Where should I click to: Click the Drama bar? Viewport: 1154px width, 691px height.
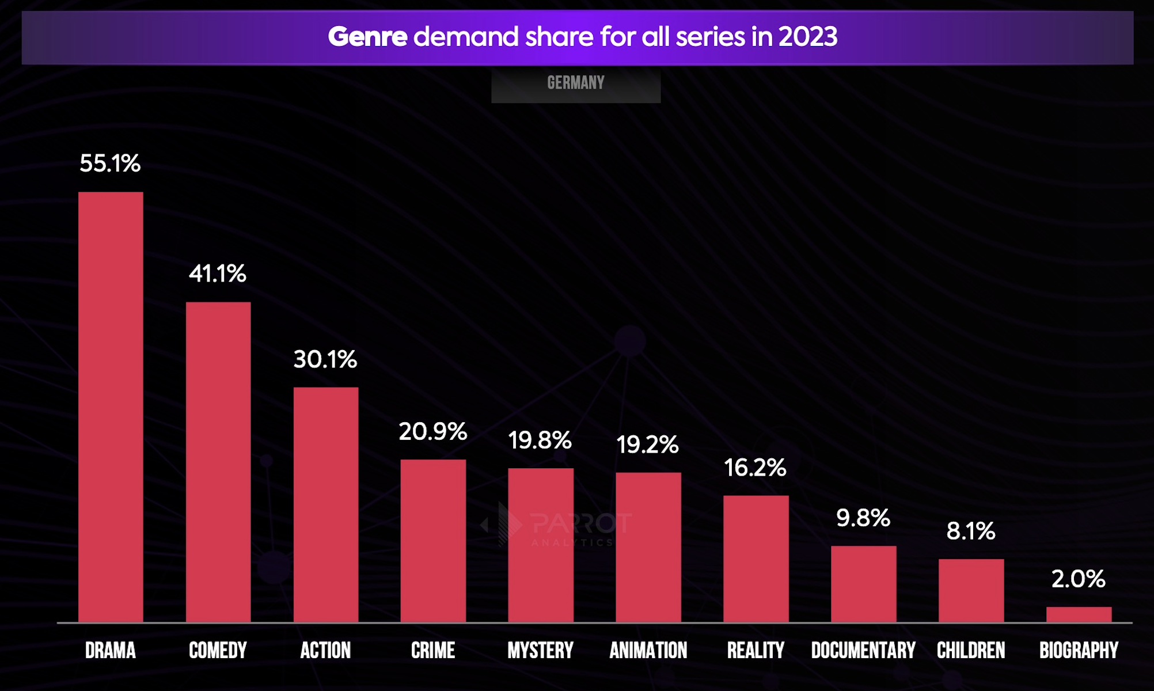(x=111, y=407)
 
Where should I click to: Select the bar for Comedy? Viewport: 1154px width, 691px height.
(x=218, y=462)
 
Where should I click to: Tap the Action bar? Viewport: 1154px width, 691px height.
(x=326, y=504)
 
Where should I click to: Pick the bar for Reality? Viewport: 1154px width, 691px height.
(x=756, y=559)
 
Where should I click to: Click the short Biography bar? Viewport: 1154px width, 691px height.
(x=1079, y=614)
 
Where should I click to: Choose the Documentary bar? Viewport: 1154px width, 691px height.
(x=864, y=584)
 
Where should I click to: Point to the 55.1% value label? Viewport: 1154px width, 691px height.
(x=110, y=164)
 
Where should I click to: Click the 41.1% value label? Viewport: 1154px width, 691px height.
(x=218, y=274)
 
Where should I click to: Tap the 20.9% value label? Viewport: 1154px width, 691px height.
(x=433, y=431)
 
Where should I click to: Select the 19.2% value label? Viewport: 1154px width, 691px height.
(x=648, y=445)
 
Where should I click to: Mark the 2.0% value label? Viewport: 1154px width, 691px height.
(x=1079, y=579)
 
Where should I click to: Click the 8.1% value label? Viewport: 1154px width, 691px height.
(x=971, y=531)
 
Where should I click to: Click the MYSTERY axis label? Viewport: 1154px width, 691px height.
(x=540, y=651)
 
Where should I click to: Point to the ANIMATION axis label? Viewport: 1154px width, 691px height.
(x=648, y=651)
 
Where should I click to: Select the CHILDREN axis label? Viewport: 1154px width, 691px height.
(x=971, y=651)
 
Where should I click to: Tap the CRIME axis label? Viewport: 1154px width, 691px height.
(x=433, y=651)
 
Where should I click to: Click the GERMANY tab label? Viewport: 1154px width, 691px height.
(x=576, y=83)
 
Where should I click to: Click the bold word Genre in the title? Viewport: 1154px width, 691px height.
(x=367, y=37)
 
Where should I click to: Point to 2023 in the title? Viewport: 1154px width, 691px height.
(x=808, y=37)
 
